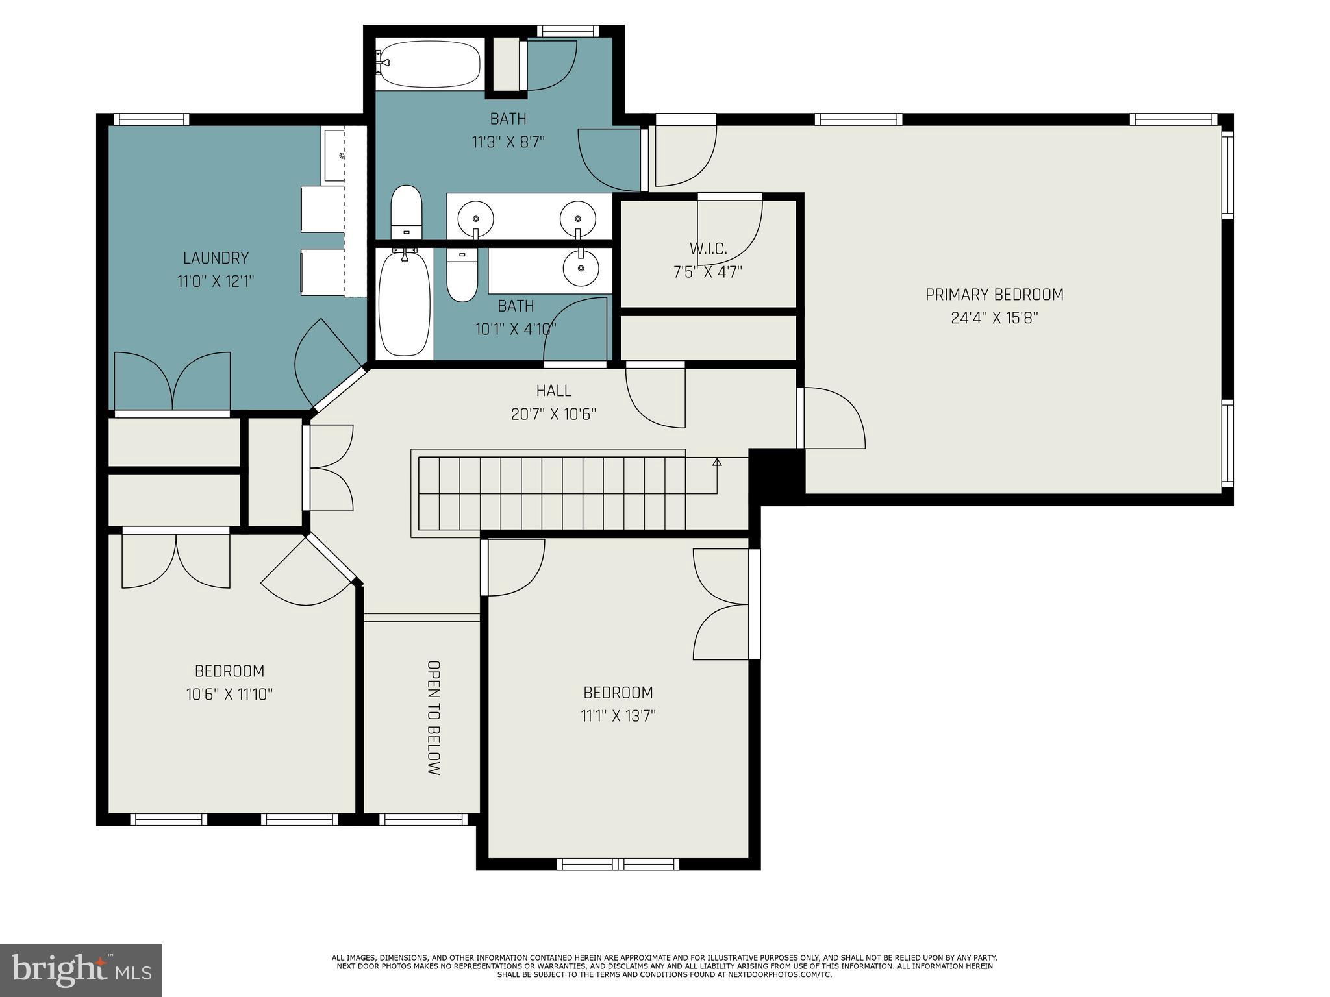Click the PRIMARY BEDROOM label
tap(994, 295)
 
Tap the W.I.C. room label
tap(708, 248)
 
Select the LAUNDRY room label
tap(216, 258)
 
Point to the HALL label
tap(554, 390)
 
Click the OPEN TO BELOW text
tap(434, 718)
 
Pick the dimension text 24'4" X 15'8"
tap(994, 318)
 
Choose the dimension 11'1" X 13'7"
tap(618, 716)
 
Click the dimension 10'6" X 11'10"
tap(229, 695)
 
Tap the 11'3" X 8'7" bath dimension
tap(508, 142)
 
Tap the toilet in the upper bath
tap(407, 212)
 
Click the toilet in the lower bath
tap(462, 276)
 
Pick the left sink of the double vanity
tap(475, 217)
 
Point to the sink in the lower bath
tap(580, 266)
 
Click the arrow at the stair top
tap(717, 462)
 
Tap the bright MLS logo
tap(81, 970)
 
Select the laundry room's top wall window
tap(151, 119)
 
